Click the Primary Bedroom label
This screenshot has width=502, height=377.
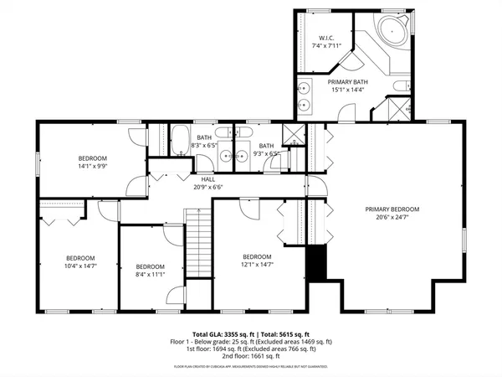pos(392,209)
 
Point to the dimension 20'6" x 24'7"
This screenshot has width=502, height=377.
pos(392,218)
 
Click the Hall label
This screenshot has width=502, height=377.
pos(209,178)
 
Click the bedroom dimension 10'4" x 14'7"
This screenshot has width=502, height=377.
pos(80,266)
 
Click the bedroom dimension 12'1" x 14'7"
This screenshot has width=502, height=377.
pos(258,265)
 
